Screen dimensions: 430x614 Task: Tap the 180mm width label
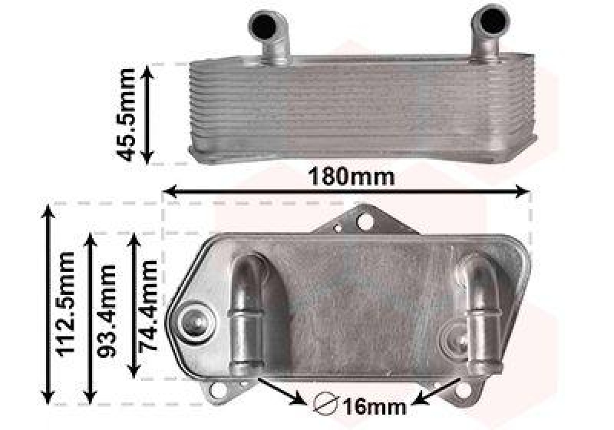point(351,177)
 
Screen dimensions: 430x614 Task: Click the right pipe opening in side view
point(490,21)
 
